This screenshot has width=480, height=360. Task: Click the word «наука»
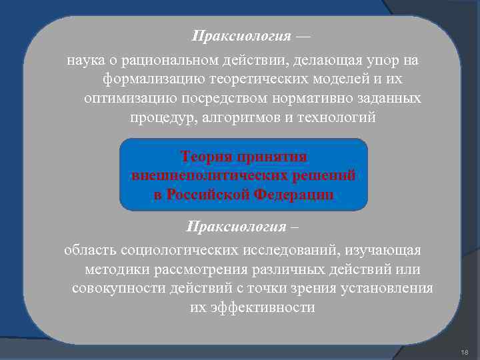(85, 61)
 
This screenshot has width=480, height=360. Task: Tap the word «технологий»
(337, 117)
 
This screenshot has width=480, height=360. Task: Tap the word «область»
(91, 250)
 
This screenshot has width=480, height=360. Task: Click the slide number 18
(465, 351)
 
